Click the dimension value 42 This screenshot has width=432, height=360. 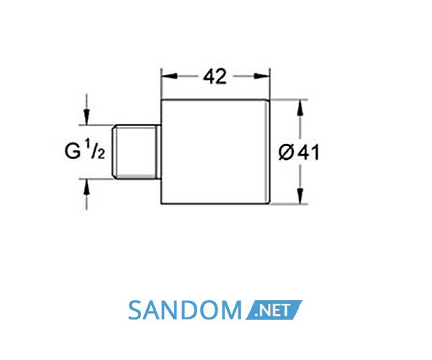click(215, 76)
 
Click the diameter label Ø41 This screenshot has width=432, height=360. click(299, 153)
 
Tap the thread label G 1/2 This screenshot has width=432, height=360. click(85, 149)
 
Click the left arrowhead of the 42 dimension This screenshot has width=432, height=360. click(169, 76)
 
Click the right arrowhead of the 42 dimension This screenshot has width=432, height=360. click(262, 76)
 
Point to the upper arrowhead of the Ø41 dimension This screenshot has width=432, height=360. click(300, 108)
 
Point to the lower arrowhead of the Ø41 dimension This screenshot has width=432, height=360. click(300, 196)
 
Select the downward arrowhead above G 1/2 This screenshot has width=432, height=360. click(87, 117)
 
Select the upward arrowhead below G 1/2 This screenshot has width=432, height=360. click(87, 186)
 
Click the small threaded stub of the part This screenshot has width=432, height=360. click(136, 152)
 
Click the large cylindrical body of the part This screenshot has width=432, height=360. click(215, 152)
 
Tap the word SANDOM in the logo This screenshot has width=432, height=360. click(185, 310)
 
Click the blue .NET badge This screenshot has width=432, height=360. click(274, 310)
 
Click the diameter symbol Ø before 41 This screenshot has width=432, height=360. click(287, 153)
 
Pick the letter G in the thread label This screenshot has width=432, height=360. click(72, 151)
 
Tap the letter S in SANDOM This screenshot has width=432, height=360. click(135, 310)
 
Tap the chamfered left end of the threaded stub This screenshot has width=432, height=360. click(114, 152)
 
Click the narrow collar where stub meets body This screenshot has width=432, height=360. click(158, 152)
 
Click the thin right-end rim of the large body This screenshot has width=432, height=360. click(268, 152)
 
